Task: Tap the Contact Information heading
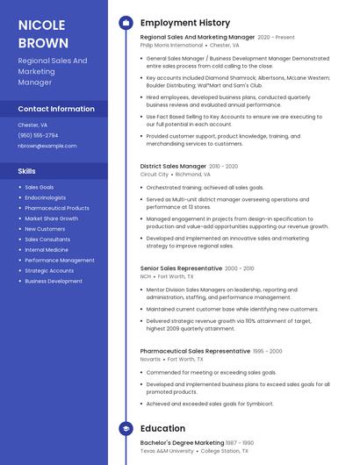pos(56,109)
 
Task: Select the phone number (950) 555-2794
pos(38,135)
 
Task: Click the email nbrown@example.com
pos(47,146)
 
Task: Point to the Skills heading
pos(27,171)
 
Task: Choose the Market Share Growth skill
pos(51,218)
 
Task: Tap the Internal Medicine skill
pos(47,250)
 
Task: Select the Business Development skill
pos(54,282)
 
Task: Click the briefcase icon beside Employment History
pos(126,23)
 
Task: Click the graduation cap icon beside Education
pos(126,428)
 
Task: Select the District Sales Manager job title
pos(173,166)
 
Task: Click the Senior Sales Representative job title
pos(180,268)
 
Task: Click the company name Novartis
pos(151,359)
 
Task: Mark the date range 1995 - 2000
pos(268,351)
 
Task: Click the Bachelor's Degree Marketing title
pos(182,442)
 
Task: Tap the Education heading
pos(162,428)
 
